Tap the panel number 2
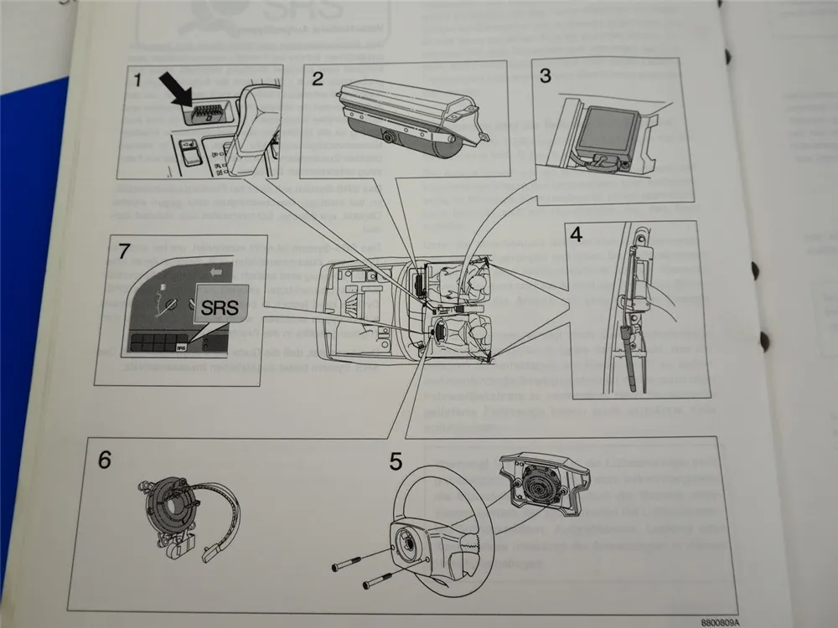[x=318, y=79]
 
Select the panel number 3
[x=545, y=76]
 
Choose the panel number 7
[x=124, y=250]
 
